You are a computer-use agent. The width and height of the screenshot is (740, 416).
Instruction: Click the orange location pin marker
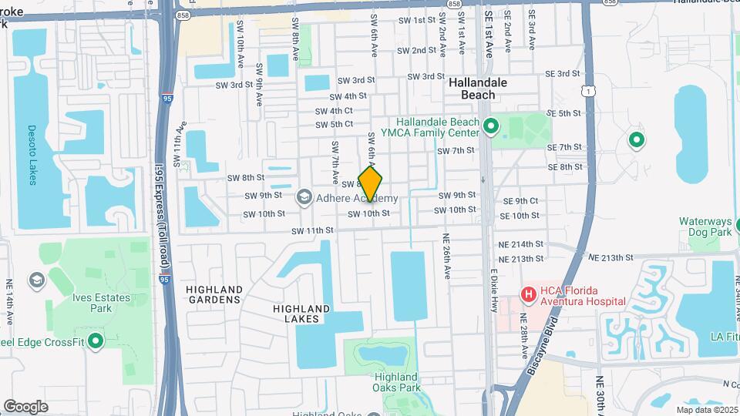coord(371,184)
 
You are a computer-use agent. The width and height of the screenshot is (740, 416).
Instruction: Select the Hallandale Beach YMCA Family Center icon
coord(492,123)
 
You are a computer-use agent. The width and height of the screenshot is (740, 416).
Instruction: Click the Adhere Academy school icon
coord(304,198)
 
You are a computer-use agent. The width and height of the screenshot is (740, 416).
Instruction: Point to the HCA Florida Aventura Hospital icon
coord(529,294)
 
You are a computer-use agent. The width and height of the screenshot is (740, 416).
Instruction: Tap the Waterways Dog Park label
coord(705,226)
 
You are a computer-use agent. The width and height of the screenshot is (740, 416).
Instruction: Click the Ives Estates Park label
coord(90,302)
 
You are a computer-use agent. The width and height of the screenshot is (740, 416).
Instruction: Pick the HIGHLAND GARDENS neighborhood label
coord(214,294)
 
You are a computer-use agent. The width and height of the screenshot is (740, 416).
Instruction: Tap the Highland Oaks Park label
coord(397,382)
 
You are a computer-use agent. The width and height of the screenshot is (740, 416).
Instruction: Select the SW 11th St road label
coord(312,230)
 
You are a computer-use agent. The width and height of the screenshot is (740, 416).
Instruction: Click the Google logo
coord(25,406)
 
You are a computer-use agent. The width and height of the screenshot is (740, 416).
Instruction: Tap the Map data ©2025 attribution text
coord(706,410)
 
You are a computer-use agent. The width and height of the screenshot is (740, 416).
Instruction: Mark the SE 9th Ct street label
coord(520,200)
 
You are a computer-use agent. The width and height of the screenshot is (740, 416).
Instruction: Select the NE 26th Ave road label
coord(446,257)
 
